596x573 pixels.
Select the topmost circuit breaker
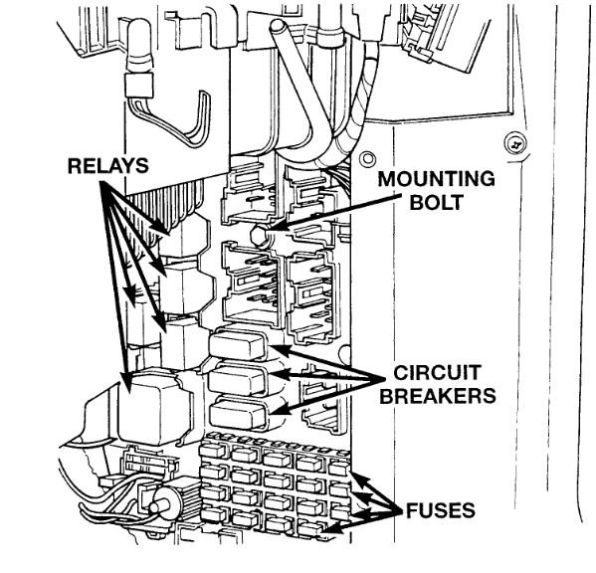pyautogui.click(x=238, y=344)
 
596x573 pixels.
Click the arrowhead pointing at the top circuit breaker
pyautogui.click(x=276, y=348)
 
